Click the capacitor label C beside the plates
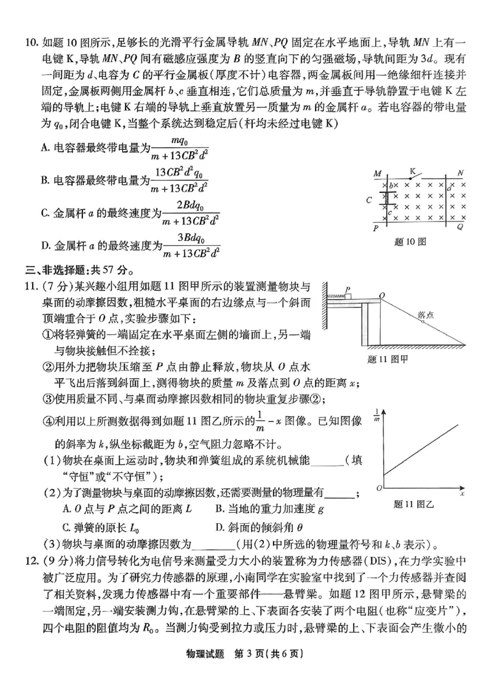point(369,200)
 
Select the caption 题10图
point(410,242)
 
